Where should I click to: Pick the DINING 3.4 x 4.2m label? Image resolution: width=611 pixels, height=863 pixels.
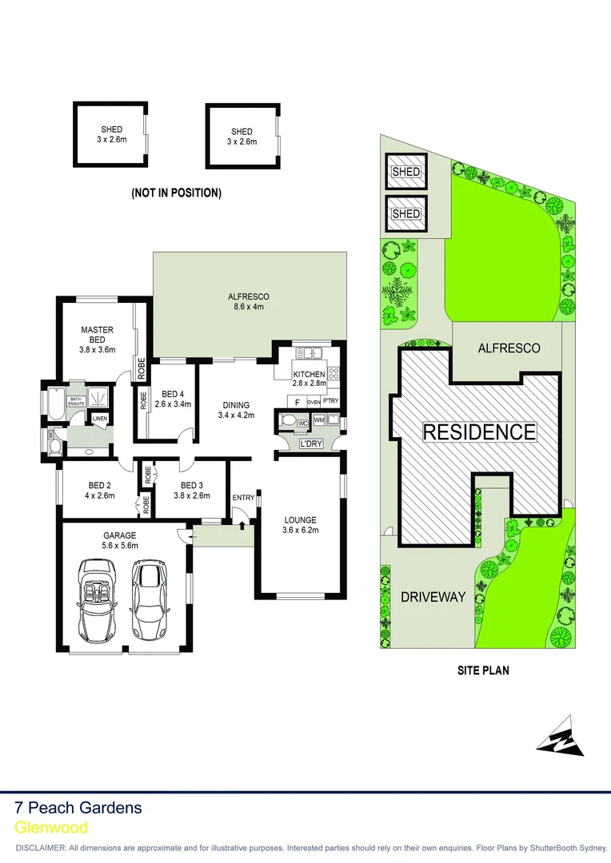click(x=236, y=410)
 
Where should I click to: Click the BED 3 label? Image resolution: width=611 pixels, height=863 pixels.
click(x=192, y=490)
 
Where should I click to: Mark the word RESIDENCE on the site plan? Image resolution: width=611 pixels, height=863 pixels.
click(x=479, y=432)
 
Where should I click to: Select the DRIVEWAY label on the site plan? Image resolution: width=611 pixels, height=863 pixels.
click(x=433, y=596)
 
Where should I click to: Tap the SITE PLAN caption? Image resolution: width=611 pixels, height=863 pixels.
click(x=482, y=670)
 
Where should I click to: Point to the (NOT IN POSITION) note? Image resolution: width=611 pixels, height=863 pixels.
click(x=176, y=193)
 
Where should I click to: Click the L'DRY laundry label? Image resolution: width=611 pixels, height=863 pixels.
click(x=310, y=443)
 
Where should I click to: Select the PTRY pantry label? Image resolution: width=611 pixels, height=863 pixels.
click(x=331, y=401)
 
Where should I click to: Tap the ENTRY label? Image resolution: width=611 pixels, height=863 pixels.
click(x=243, y=499)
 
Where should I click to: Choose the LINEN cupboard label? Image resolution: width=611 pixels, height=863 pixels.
click(x=100, y=419)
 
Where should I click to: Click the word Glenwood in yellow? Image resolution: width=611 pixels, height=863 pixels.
click(x=51, y=828)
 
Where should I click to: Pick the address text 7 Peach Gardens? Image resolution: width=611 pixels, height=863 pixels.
click(x=78, y=807)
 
